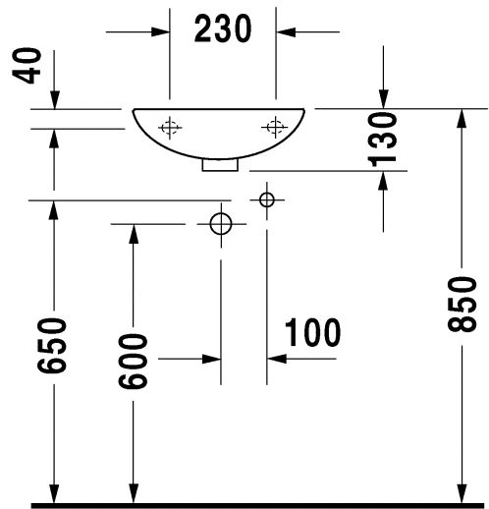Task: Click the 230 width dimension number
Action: pos(223,28)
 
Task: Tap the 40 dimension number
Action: pos(27,66)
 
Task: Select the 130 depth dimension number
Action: pos(383,140)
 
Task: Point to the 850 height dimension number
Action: pos(462,305)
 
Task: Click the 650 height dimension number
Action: pos(52,345)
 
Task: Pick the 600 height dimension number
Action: pos(133,362)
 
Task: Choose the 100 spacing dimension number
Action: pos(312,332)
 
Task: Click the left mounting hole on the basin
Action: pos(170,128)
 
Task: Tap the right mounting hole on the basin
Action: pos(275,127)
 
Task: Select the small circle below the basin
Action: pos(267,199)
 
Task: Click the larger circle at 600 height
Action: pos(221,224)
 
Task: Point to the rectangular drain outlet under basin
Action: pos(220,165)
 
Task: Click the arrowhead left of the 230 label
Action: pos(160,32)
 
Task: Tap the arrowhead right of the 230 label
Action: pos(286,32)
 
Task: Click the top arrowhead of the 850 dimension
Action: pos(462,118)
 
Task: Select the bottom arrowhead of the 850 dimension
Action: pos(462,493)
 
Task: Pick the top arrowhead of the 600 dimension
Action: pos(134,234)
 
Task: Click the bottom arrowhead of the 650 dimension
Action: pos(54,493)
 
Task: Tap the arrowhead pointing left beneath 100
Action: pos(277,359)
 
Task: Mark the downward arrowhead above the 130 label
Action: pos(383,99)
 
